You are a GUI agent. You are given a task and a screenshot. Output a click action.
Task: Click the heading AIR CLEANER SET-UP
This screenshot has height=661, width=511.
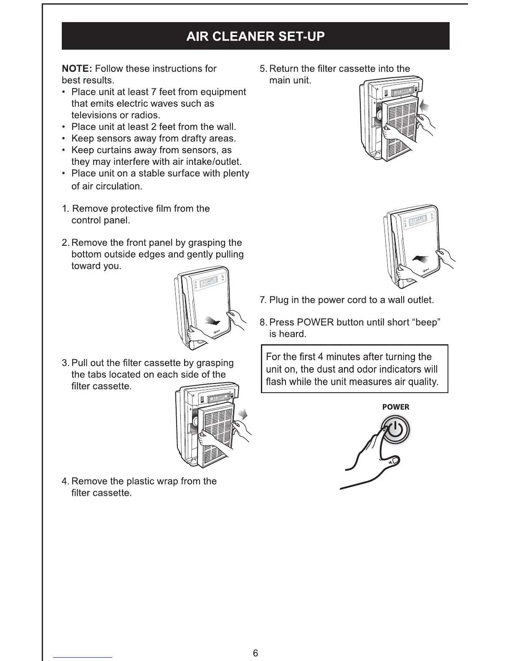coord(255,36)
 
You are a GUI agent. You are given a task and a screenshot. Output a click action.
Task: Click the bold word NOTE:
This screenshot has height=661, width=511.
coord(77,68)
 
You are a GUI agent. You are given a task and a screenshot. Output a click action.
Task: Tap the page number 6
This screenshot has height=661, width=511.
coord(255,653)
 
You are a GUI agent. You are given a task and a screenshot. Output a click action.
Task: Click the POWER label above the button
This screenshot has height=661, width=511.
coord(395,407)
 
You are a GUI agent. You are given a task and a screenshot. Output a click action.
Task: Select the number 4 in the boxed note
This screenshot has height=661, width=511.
coord(321,357)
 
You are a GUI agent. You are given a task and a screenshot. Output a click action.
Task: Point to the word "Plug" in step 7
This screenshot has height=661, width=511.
coord(279,300)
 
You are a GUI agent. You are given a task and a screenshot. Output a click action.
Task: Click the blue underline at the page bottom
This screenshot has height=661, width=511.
coord(83,657)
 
